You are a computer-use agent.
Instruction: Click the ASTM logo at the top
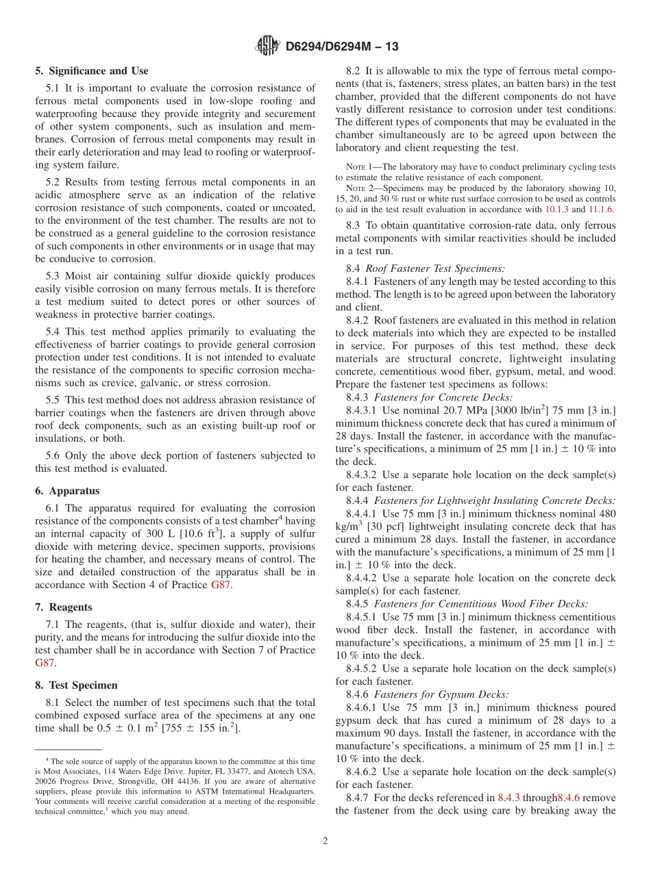(268, 46)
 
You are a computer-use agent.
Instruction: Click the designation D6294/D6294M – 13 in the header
(341, 47)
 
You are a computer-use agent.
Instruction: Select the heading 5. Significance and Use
(92, 71)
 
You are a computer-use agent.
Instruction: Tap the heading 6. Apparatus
(67, 491)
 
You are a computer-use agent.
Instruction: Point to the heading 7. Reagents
(64, 607)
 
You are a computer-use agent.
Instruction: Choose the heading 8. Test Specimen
(76, 685)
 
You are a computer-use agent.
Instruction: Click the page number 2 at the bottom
(325, 842)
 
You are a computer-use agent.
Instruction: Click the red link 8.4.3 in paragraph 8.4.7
(509, 798)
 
